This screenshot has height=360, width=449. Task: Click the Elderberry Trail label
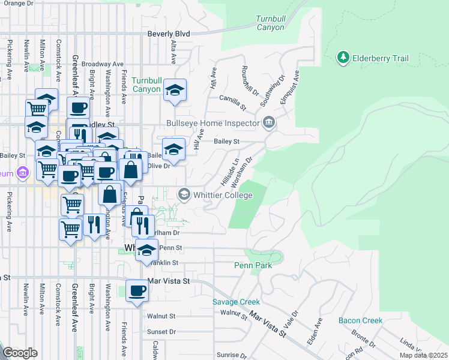[x=381, y=58]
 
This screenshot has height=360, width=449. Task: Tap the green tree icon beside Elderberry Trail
[x=343, y=58]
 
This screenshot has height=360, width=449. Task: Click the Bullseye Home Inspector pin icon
[x=269, y=124]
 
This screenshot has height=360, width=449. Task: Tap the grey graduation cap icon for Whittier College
[x=184, y=194]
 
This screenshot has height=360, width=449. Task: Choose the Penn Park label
[x=253, y=265]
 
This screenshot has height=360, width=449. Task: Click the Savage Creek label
[x=236, y=302]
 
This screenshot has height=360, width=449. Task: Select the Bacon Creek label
[x=360, y=320]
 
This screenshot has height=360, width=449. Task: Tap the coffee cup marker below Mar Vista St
[x=137, y=291]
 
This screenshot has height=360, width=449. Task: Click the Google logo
[x=20, y=353]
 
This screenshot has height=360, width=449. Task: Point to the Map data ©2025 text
[x=423, y=355]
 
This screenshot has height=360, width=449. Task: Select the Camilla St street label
[x=233, y=102]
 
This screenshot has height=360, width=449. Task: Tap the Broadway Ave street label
[x=102, y=64]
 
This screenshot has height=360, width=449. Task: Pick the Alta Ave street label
[x=173, y=52]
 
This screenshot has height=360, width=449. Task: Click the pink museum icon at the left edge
[x=23, y=173]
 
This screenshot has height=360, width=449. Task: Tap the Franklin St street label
[x=165, y=263]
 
